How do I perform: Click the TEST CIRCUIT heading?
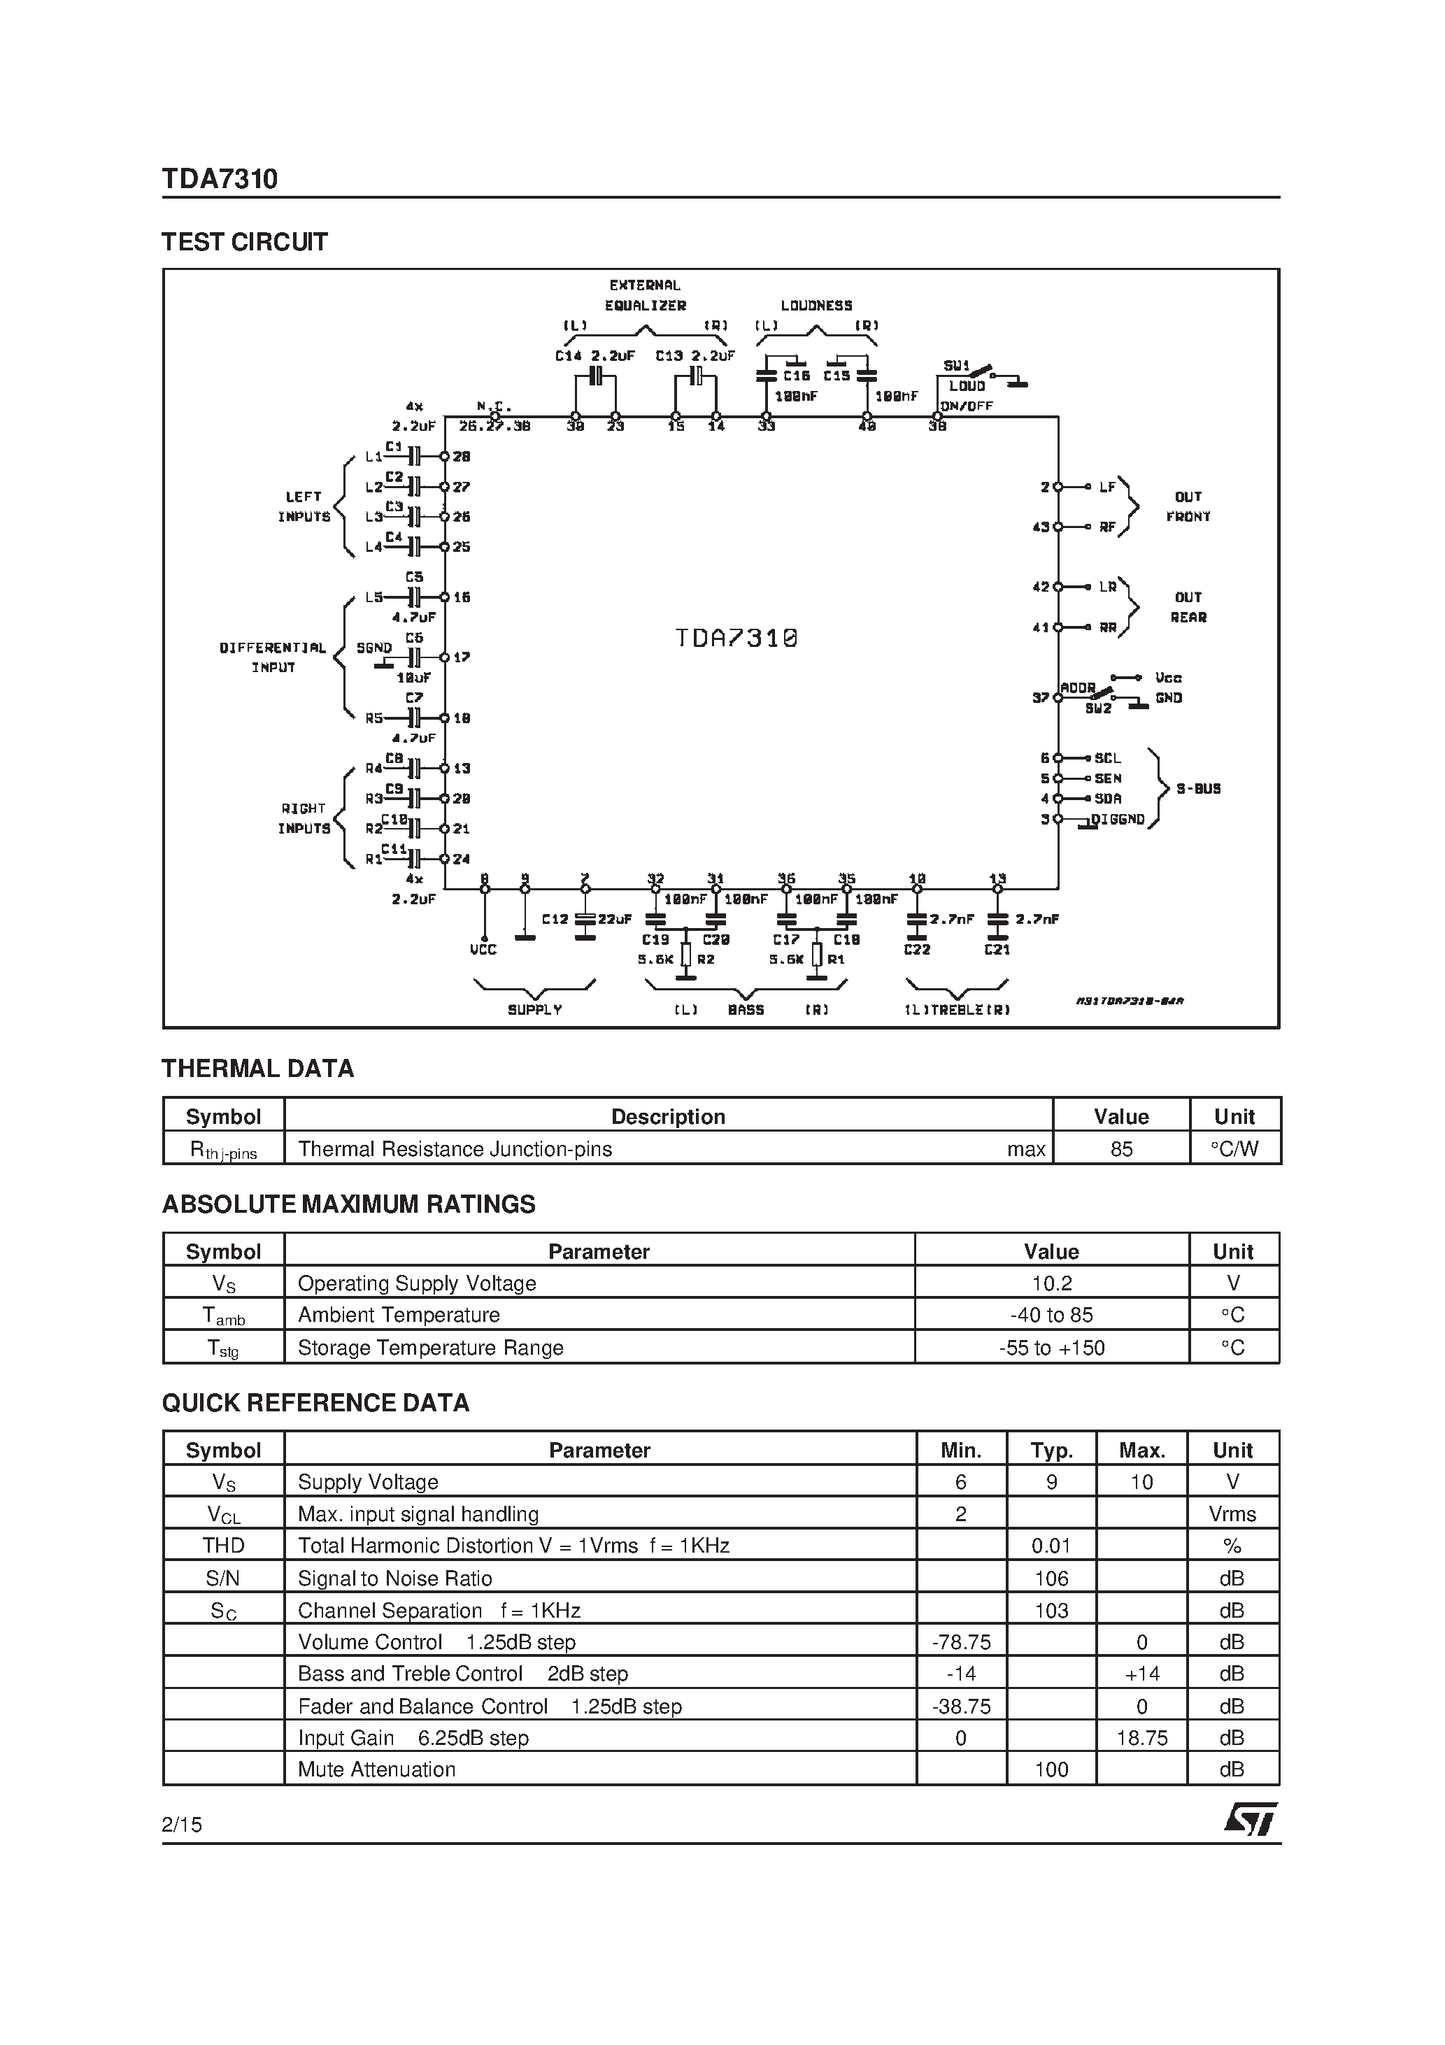click(244, 242)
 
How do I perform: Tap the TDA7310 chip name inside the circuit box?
click(736, 639)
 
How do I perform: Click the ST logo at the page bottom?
click(1250, 1820)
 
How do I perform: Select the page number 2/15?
click(182, 1824)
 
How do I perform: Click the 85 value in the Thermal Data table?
click(1120, 1149)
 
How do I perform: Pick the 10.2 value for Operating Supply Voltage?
click(1051, 1283)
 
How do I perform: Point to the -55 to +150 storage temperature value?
click(1051, 1348)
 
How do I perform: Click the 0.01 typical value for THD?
click(1051, 1546)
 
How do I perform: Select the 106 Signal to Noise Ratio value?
click(1051, 1579)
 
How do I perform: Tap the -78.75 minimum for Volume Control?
click(960, 1642)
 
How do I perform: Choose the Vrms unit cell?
click(1232, 1514)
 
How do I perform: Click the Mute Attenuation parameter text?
click(376, 1769)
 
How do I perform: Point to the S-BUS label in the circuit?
click(1198, 789)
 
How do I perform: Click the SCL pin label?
click(1107, 759)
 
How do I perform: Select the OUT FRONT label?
click(1188, 507)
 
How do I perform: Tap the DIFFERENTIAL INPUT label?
click(273, 657)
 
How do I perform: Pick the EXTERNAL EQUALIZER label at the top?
click(645, 295)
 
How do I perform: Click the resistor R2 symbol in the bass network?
click(686, 955)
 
